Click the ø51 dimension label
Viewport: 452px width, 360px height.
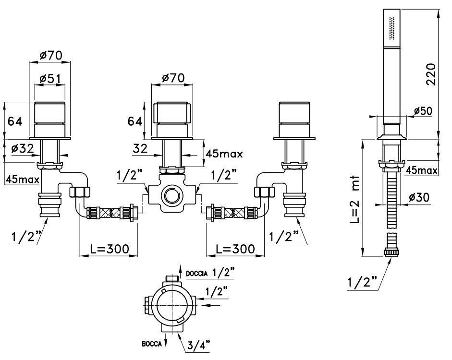50,79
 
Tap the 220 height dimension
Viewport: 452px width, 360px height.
431,74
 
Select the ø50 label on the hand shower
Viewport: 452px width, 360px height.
423,111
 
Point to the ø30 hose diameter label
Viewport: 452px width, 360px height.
419,198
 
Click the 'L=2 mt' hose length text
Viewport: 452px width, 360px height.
356,200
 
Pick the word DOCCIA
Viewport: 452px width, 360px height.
197,274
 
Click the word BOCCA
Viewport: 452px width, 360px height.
152,344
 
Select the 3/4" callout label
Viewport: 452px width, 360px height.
198,345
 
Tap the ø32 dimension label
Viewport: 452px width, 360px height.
23,149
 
